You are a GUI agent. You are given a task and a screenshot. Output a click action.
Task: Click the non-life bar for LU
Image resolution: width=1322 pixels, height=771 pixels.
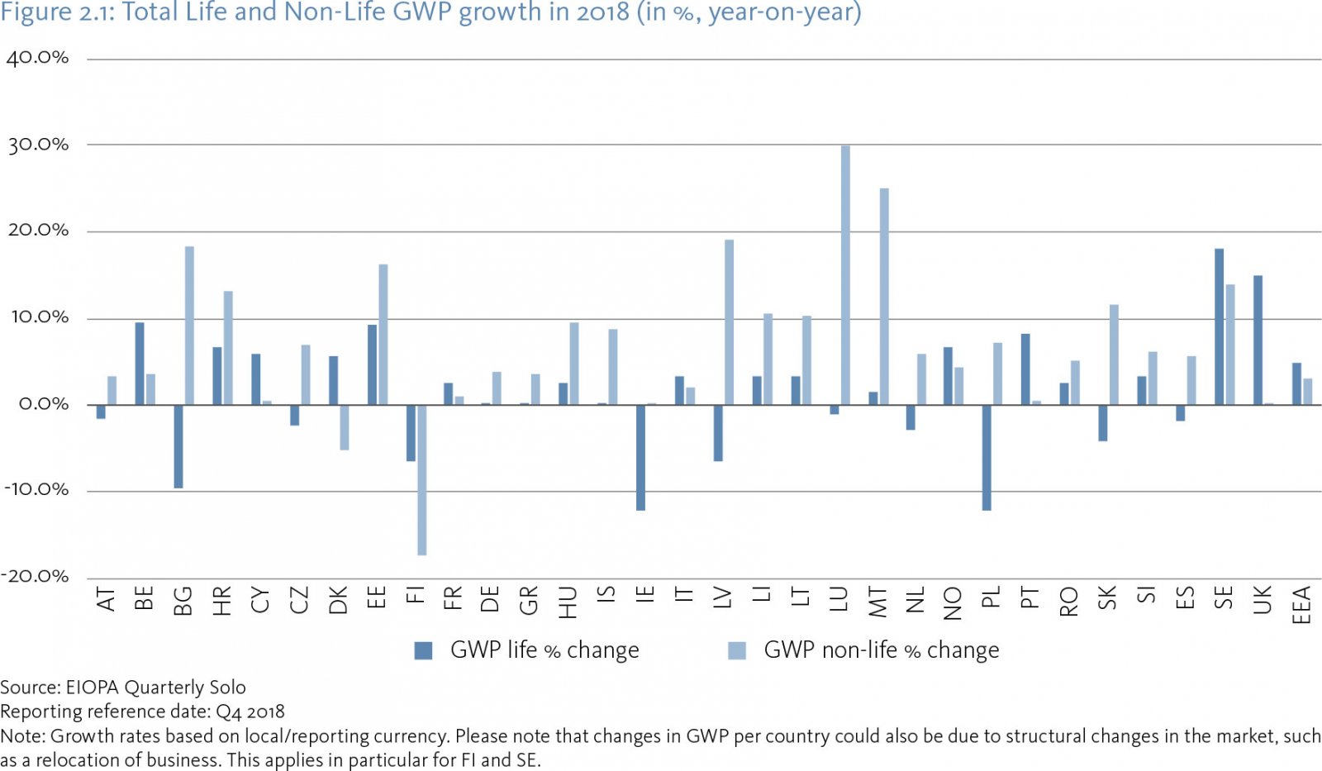(845, 274)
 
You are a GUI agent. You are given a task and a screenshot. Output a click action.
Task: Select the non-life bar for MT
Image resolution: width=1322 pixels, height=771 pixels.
(884, 296)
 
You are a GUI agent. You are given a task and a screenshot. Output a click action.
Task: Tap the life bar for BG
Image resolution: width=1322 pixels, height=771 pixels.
(178, 446)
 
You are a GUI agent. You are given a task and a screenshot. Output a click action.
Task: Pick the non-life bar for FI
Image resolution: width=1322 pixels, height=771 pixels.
(422, 479)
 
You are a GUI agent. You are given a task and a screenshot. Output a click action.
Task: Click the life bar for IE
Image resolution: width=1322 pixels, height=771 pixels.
(640, 457)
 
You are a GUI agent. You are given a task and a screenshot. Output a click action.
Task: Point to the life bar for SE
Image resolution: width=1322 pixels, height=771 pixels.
(1219, 326)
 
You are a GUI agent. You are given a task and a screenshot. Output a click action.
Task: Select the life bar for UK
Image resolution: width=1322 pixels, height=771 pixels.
(1258, 340)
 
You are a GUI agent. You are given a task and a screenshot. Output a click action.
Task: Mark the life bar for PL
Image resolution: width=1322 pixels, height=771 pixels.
(987, 457)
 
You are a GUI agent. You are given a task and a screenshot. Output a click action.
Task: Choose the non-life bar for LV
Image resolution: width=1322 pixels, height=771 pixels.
(729, 322)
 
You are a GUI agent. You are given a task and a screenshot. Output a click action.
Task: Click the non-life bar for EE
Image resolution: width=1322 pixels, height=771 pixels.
(383, 334)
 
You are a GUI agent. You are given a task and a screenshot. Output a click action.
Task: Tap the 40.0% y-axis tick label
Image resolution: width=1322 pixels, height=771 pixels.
(37, 58)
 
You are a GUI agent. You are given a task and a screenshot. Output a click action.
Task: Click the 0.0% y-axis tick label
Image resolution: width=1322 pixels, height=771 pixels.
(43, 404)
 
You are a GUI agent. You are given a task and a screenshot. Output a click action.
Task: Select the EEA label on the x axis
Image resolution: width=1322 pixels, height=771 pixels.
(1301, 605)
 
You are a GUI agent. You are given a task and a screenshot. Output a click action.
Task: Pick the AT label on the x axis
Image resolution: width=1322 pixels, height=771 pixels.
(106, 599)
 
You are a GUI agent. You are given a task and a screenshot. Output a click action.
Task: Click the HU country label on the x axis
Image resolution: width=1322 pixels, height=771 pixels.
(568, 602)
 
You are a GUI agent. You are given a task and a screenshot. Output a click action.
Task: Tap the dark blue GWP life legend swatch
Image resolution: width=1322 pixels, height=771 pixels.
(423, 650)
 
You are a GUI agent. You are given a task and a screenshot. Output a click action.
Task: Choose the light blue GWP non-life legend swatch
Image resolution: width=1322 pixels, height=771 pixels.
(737, 650)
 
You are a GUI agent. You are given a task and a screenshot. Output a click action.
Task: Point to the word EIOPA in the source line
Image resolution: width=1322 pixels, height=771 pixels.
(93, 688)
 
